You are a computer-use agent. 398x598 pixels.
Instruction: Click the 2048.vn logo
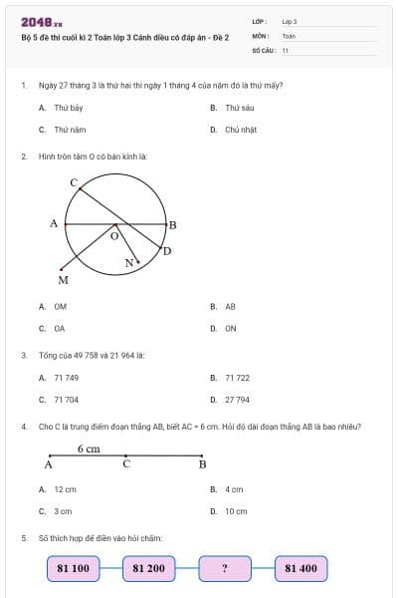pyautogui.click(x=42, y=22)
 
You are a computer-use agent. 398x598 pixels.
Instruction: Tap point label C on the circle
pyautogui.click(x=74, y=182)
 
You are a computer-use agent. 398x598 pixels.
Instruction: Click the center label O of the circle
pyautogui.click(x=113, y=237)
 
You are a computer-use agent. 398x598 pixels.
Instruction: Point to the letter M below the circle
pyautogui.click(x=63, y=280)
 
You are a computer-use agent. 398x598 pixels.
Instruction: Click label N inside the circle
pyautogui.click(x=128, y=263)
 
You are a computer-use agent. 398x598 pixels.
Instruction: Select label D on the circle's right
pyautogui.click(x=166, y=250)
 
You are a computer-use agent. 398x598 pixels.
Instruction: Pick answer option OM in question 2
pyautogui.click(x=60, y=307)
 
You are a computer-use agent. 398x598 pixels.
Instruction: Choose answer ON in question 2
pyautogui.click(x=231, y=328)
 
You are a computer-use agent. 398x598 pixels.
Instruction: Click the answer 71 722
pyautogui.click(x=237, y=378)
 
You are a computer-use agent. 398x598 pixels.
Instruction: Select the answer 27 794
pyautogui.click(x=237, y=400)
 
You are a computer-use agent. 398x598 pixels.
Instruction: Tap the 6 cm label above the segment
pyautogui.click(x=90, y=449)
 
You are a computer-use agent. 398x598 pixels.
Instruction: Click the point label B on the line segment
pyautogui.click(x=202, y=464)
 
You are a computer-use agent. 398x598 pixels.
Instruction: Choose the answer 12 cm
pyautogui.click(x=65, y=489)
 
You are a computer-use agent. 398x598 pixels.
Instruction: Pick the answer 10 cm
pyautogui.click(x=236, y=511)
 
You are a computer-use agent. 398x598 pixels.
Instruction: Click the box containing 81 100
pyautogui.click(x=74, y=568)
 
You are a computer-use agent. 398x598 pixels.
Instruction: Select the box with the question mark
pyautogui.click(x=225, y=568)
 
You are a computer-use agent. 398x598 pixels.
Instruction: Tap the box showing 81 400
pyautogui.click(x=300, y=568)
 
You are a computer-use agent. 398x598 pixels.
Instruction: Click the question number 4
pyautogui.click(x=23, y=427)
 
